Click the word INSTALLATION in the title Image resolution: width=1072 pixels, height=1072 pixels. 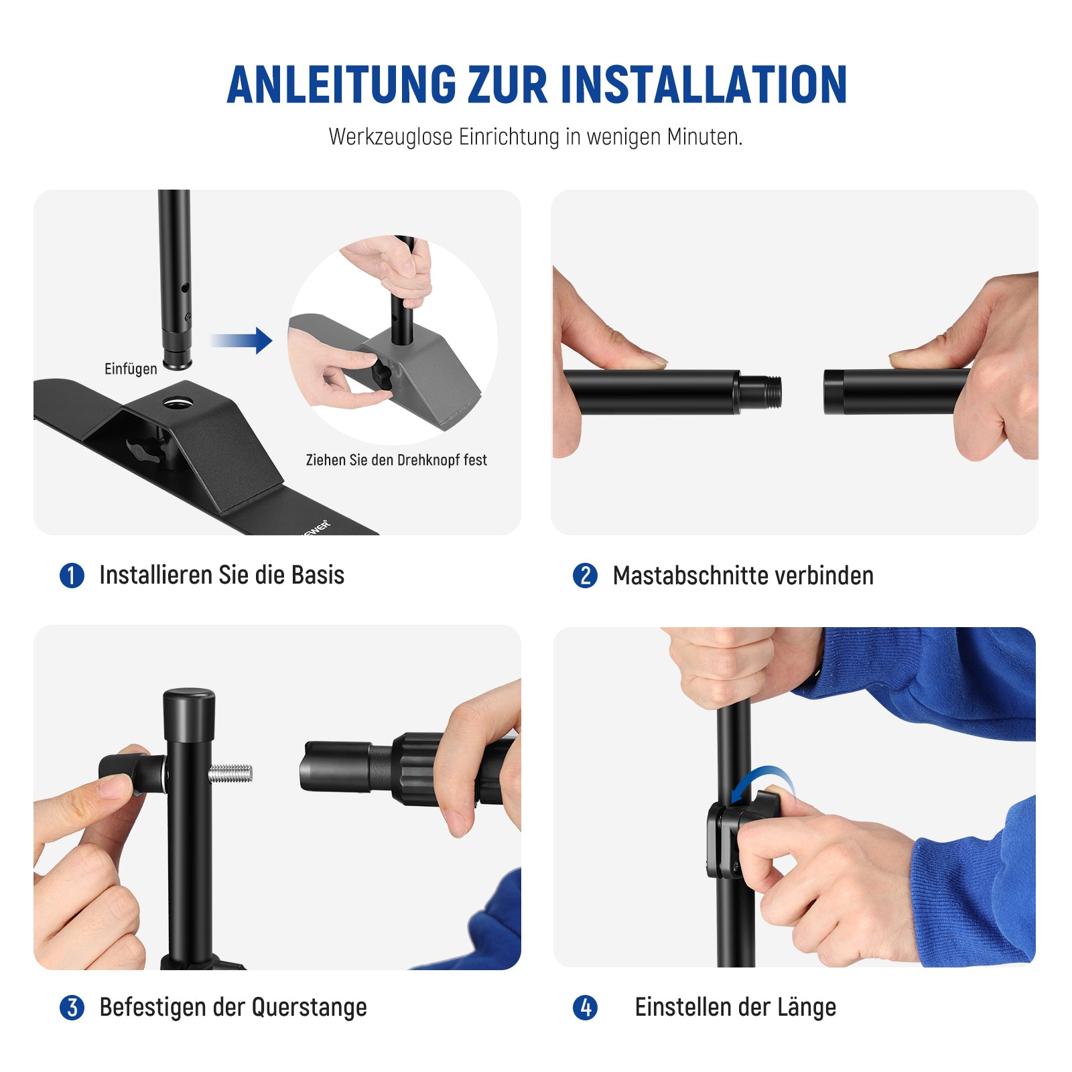pyautogui.click(x=703, y=85)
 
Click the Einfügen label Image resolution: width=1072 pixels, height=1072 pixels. pyautogui.click(x=131, y=368)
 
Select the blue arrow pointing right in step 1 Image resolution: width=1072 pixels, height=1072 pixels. pyautogui.click(x=241, y=340)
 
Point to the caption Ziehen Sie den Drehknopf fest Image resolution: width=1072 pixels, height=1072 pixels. pyautogui.click(x=396, y=460)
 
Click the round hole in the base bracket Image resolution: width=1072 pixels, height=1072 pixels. pyautogui.click(x=178, y=402)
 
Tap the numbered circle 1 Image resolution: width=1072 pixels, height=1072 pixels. pyautogui.click(x=72, y=576)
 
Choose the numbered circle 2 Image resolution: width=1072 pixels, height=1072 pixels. pyautogui.click(x=585, y=576)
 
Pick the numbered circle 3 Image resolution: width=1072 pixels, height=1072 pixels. pyautogui.click(x=72, y=1008)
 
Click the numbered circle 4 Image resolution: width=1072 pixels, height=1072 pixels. pyautogui.click(x=585, y=1008)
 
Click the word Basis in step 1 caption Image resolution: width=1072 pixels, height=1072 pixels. pyautogui.click(x=318, y=575)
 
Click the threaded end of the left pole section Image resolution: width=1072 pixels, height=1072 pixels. pyautogui.click(x=762, y=392)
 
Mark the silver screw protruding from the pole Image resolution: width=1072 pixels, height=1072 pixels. pyautogui.click(x=230, y=774)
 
